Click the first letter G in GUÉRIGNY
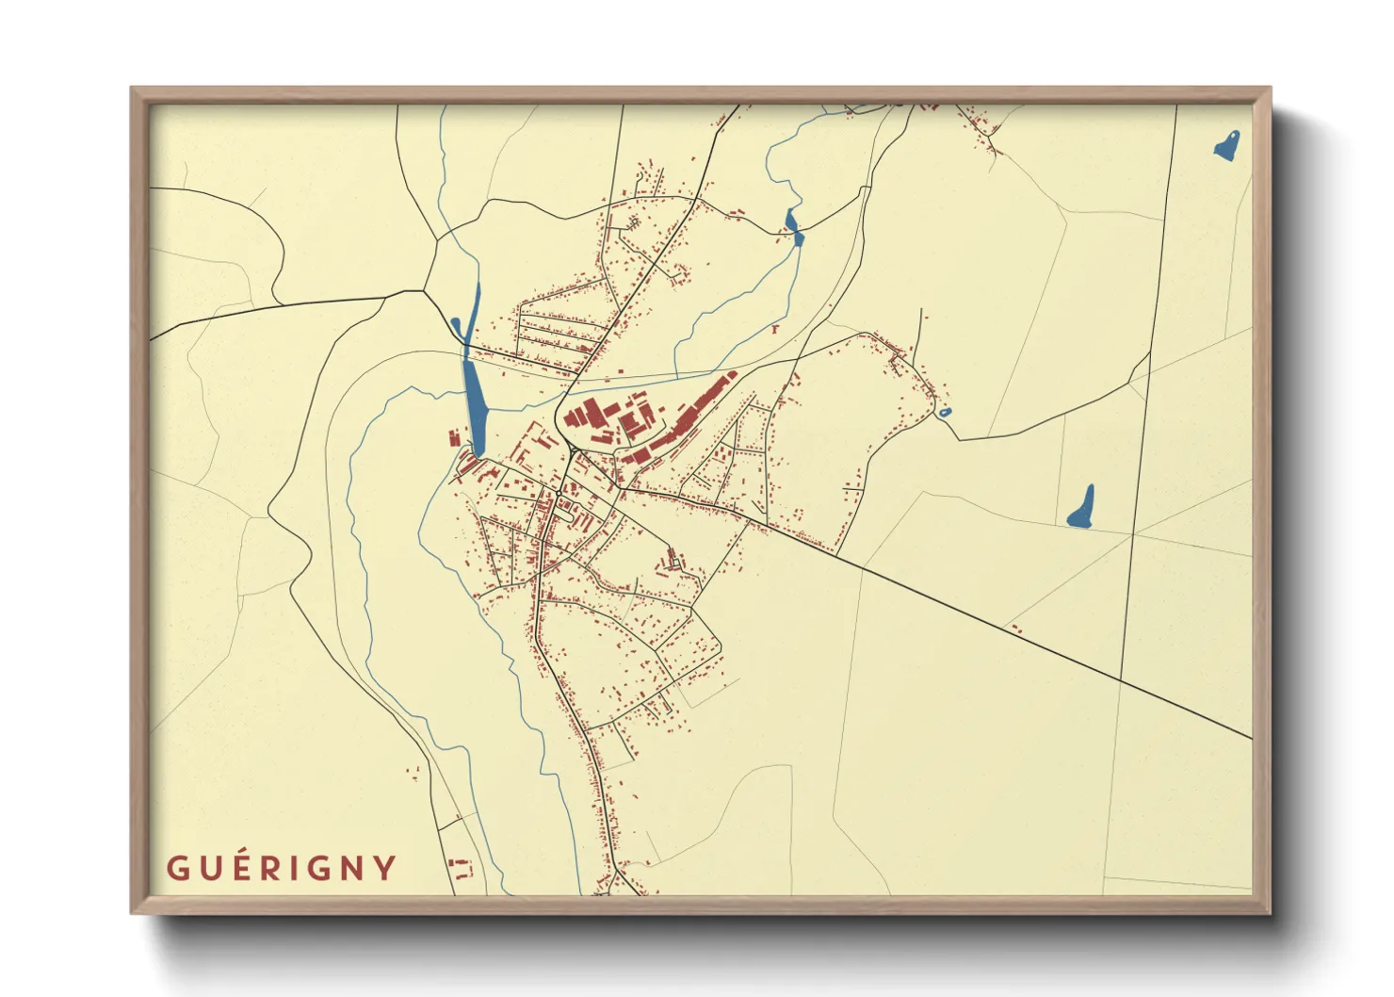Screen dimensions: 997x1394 [x=177, y=868]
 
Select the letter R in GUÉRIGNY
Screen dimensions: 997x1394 [x=270, y=868]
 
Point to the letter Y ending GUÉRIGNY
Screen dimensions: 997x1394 [x=384, y=868]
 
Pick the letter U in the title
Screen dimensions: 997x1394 [x=208, y=868]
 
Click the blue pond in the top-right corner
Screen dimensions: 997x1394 [x=1226, y=146]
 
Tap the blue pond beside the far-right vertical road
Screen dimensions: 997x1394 [x=1082, y=508]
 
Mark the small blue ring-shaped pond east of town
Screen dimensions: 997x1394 [x=945, y=413]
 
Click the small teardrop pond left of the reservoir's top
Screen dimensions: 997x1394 [x=456, y=325]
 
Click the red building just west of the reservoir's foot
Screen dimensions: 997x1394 [x=453, y=438]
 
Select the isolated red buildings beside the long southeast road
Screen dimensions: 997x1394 [x=1015, y=628]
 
